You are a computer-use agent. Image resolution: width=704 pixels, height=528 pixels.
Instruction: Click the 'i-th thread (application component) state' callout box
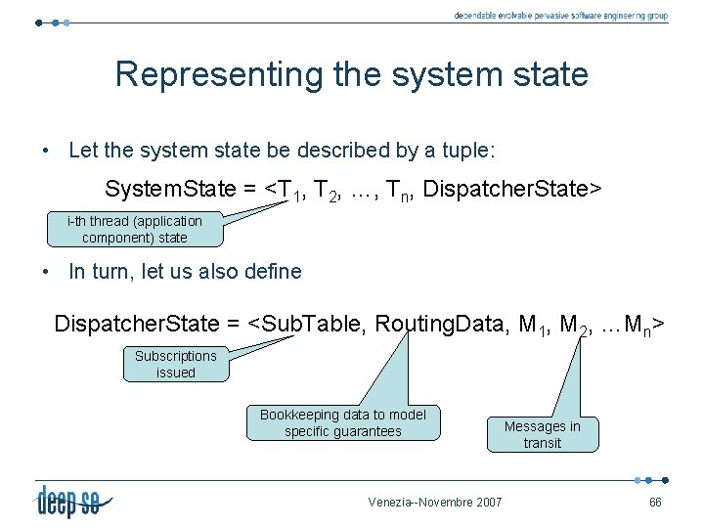(135, 229)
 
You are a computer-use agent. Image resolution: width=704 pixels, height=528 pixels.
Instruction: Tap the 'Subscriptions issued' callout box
(176, 364)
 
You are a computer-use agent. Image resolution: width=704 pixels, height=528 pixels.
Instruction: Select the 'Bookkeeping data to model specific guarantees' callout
(342, 422)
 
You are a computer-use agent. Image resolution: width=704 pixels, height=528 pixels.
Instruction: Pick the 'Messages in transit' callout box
(542, 434)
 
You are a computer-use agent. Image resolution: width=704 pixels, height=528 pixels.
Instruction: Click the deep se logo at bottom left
(74, 501)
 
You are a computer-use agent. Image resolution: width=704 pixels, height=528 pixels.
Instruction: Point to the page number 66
(655, 503)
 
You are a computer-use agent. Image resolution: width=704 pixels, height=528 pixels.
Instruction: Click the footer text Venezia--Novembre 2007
(435, 503)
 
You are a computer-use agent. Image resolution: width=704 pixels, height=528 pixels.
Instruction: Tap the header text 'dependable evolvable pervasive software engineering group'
(561, 16)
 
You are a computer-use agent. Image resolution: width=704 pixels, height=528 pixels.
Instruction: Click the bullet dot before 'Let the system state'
(46, 152)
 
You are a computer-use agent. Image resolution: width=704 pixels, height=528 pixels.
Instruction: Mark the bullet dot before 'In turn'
(46, 273)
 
